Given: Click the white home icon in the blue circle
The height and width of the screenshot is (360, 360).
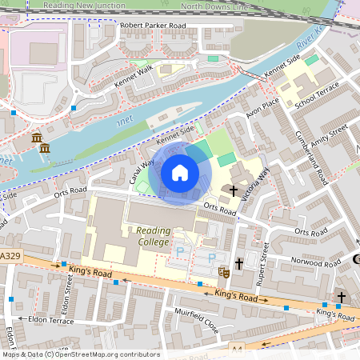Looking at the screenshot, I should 180,172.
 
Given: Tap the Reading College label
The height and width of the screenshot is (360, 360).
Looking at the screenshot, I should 147,236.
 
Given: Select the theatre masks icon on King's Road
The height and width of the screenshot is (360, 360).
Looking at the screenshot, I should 225,273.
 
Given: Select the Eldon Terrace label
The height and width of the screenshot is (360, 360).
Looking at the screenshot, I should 50,320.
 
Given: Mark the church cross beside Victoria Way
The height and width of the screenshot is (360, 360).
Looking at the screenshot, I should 234,191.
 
